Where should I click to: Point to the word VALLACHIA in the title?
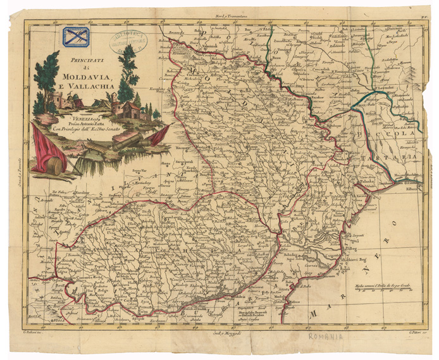point(82,89)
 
